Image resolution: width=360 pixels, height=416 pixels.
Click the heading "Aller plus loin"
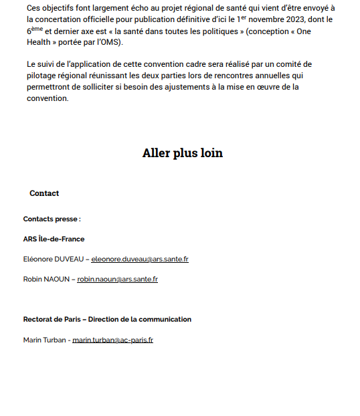182,153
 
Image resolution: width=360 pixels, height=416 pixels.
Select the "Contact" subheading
44,193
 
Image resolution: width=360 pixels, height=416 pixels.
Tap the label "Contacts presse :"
52,219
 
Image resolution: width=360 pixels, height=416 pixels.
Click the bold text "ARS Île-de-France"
54,239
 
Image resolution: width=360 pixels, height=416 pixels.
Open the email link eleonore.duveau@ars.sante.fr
139,259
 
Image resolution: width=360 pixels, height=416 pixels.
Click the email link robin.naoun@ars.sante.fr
117,279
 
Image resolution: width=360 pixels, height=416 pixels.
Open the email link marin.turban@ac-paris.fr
112,340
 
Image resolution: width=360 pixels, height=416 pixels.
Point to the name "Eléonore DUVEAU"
53,259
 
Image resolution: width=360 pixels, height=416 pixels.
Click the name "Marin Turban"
43,340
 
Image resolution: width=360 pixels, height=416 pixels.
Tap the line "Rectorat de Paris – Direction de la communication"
107,319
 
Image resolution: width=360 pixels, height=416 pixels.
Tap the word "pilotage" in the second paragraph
43,76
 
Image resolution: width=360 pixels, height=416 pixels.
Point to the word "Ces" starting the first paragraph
34,8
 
